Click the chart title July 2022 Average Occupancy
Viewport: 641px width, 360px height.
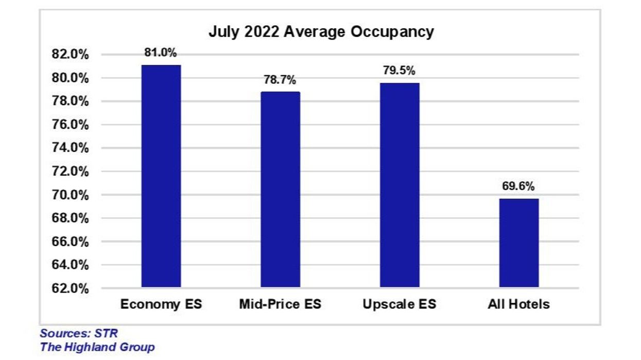321,32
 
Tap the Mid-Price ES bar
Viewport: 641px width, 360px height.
280,190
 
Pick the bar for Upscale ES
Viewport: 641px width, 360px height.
400,185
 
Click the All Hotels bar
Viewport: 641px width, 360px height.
518,243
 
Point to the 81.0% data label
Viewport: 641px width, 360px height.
161,53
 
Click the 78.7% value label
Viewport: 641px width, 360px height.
280,80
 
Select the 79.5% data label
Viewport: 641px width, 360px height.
399,71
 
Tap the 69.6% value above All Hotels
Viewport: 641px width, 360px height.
518,186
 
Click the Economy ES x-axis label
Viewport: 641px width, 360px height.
161,304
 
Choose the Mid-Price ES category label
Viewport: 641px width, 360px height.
280,304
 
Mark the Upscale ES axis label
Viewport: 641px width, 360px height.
400,304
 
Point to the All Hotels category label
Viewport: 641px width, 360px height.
518,304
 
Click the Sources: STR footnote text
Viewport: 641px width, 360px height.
79,333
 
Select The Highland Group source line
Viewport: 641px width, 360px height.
97,347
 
